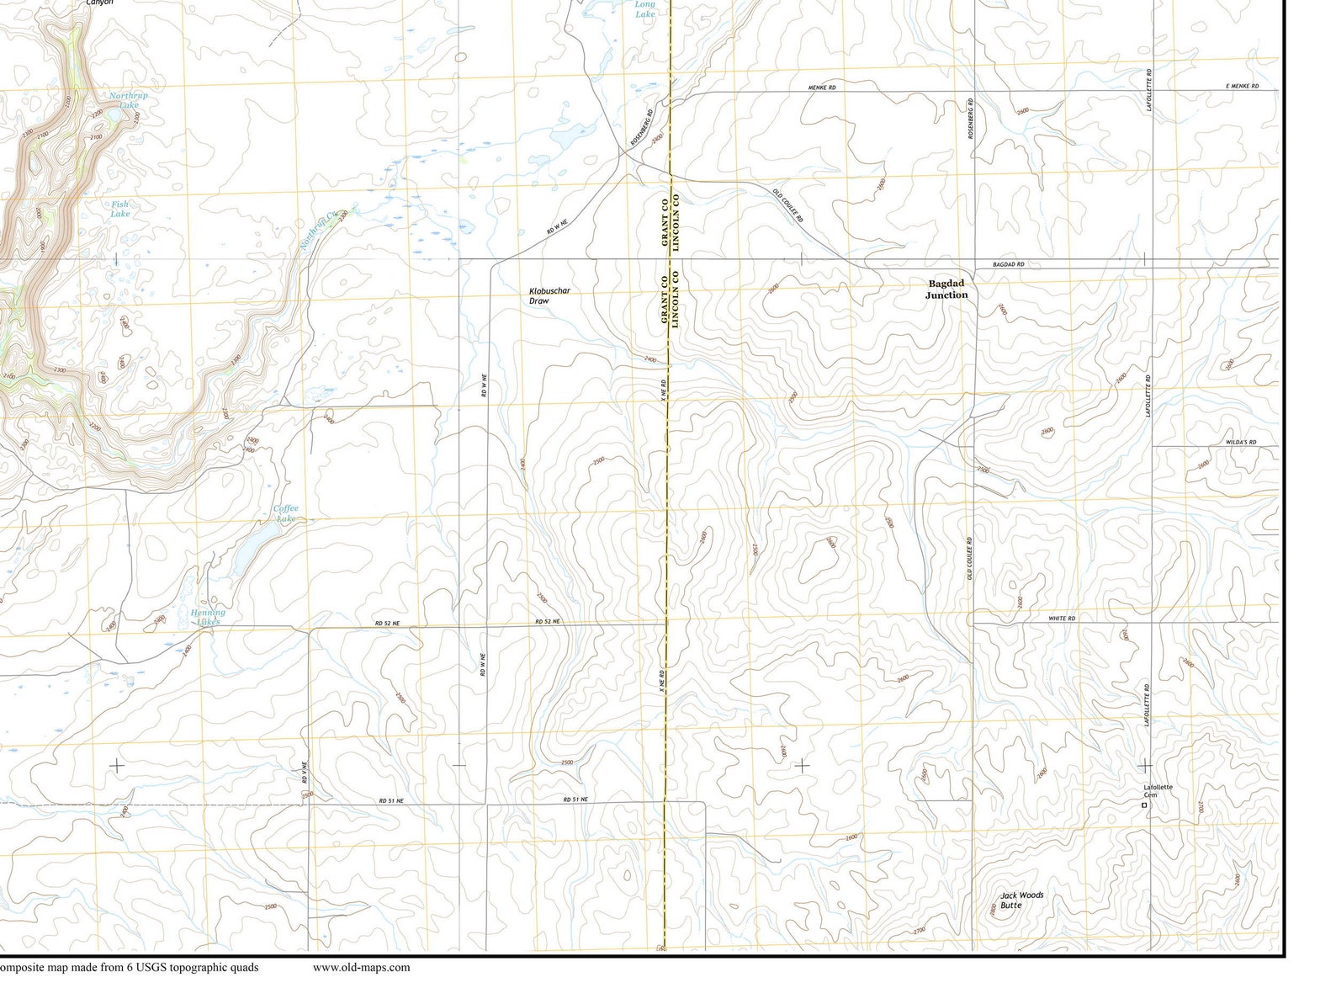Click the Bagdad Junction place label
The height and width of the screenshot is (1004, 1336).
tap(946, 290)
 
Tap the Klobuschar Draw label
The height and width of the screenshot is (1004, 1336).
tap(549, 295)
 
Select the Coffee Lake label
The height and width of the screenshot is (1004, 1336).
tap(285, 513)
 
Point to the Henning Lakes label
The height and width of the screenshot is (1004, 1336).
tap(208, 617)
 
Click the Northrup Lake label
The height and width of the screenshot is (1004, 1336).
tap(128, 100)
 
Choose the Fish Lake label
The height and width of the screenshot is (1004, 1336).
tap(120, 209)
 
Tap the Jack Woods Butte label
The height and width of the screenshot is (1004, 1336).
tap(1021, 900)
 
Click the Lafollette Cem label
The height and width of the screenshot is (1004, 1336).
tap(1158, 790)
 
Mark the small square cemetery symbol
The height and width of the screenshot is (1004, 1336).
tap(1143, 805)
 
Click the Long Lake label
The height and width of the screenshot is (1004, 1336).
tap(644, 9)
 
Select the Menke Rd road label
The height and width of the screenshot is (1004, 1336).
tap(821, 87)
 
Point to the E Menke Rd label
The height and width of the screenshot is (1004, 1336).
tap(1242, 87)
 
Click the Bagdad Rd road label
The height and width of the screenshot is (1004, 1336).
tap(1008, 264)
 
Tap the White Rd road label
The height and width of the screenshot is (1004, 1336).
tap(1062, 618)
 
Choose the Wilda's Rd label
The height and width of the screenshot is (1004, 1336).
tap(1240, 442)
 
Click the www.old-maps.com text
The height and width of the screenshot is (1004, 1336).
tap(361, 967)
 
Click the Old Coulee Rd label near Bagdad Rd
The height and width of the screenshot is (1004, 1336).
tap(788, 205)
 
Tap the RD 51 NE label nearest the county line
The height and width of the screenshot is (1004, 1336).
tap(575, 799)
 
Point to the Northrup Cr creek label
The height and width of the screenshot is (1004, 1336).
tap(318, 231)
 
